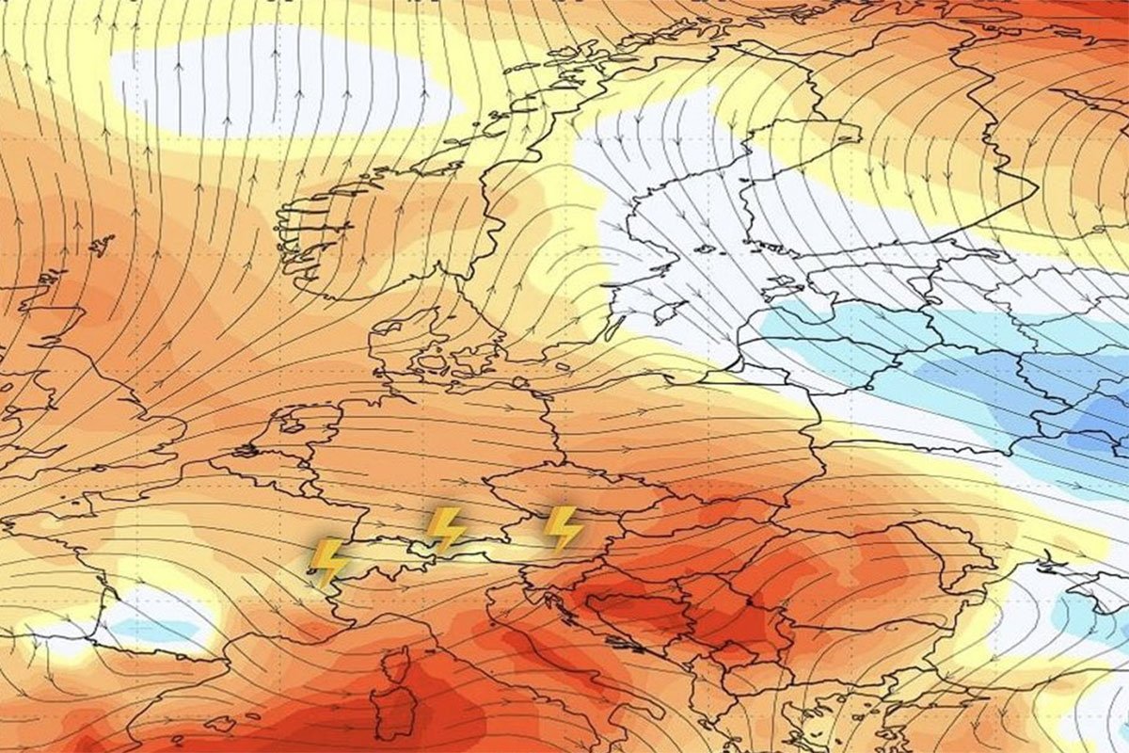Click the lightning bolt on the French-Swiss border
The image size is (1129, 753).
point(328,562)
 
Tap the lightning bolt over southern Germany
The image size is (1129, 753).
point(445,529)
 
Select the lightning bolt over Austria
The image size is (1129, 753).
point(564,528)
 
